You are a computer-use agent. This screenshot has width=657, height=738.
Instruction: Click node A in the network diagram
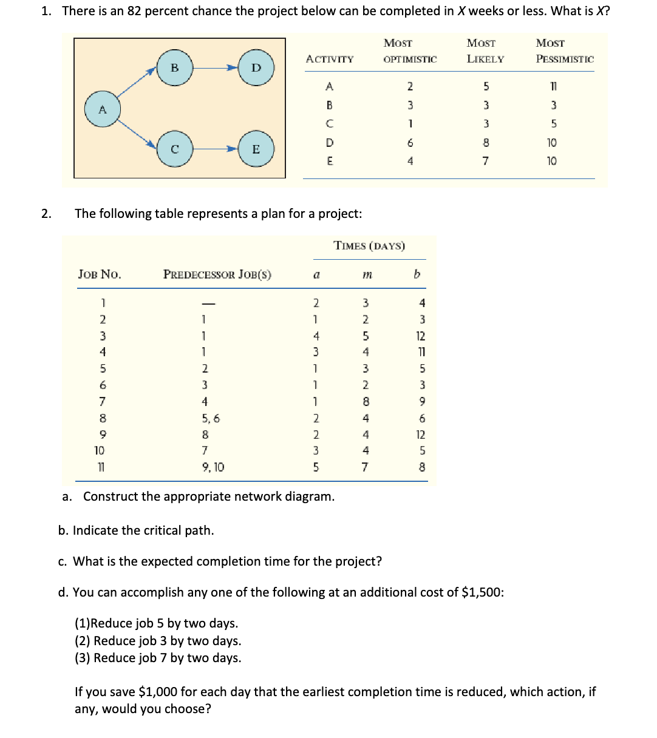click(x=102, y=109)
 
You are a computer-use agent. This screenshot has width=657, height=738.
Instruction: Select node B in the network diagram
click(x=174, y=67)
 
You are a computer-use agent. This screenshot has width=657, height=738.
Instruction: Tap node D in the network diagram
click(x=256, y=67)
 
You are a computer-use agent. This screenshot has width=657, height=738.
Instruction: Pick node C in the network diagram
click(x=174, y=149)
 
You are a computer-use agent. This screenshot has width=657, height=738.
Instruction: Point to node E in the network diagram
click(x=256, y=149)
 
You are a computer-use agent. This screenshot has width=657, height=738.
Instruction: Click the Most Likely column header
click(x=485, y=51)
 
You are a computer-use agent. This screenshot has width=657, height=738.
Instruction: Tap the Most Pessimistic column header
click(x=564, y=51)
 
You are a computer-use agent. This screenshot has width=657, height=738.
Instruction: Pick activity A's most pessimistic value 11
click(x=551, y=86)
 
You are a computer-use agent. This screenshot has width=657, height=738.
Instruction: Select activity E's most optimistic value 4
click(x=410, y=161)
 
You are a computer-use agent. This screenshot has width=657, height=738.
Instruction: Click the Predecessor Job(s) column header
click(x=217, y=274)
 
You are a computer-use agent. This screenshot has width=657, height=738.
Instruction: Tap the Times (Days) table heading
click(x=369, y=246)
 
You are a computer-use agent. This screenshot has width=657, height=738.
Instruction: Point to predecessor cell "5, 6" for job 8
click(x=211, y=418)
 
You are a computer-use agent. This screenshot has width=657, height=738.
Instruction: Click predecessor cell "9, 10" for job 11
click(x=213, y=467)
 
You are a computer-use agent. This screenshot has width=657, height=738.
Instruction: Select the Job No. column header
click(x=100, y=274)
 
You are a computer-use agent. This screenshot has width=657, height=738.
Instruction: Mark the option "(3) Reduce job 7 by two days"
click(x=158, y=658)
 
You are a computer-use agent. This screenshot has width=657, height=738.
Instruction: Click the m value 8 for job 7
click(x=366, y=402)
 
